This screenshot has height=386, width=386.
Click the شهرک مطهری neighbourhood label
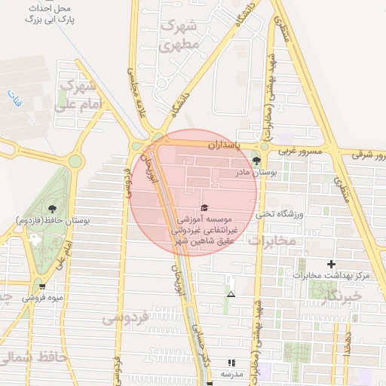(179, 35)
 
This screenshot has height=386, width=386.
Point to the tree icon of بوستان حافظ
(52, 208)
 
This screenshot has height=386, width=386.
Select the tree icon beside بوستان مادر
(257, 161)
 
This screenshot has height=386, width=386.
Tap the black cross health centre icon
(330, 264)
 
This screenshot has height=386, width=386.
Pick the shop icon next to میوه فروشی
(42, 286)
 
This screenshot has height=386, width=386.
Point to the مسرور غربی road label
(301, 152)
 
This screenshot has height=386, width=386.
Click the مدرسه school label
(231, 374)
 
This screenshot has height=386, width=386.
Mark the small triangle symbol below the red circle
(231, 294)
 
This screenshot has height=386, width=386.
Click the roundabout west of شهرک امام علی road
(75, 161)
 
